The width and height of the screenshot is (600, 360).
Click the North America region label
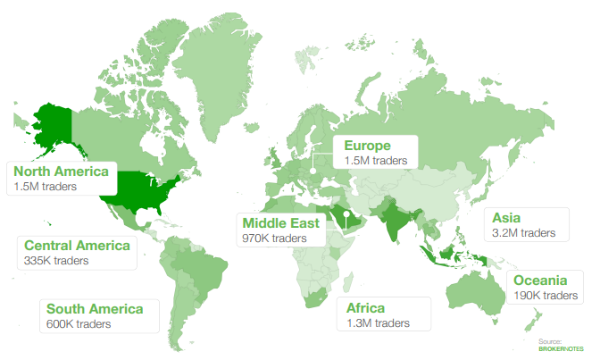pyautogui.click(x=62, y=172)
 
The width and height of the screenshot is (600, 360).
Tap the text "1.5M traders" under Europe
pyautogui.click(x=375, y=161)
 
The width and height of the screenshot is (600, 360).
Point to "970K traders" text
pyautogui.click(x=274, y=239)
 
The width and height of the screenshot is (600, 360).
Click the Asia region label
pyautogui.click(x=505, y=217)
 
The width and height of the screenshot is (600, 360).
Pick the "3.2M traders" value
pyautogui.click(x=524, y=232)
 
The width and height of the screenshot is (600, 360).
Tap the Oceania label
pyautogui.click(x=545, y=280)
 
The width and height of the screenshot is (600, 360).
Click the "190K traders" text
pyautogui.click(x=545, y=295)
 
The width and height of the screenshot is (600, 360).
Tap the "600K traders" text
pyautogui.click(x=79, y=323)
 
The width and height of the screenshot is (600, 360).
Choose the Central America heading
pyautogui.click(x=77, y=245)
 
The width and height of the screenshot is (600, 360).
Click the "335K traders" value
pyautogui.click(x=56, y=260)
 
